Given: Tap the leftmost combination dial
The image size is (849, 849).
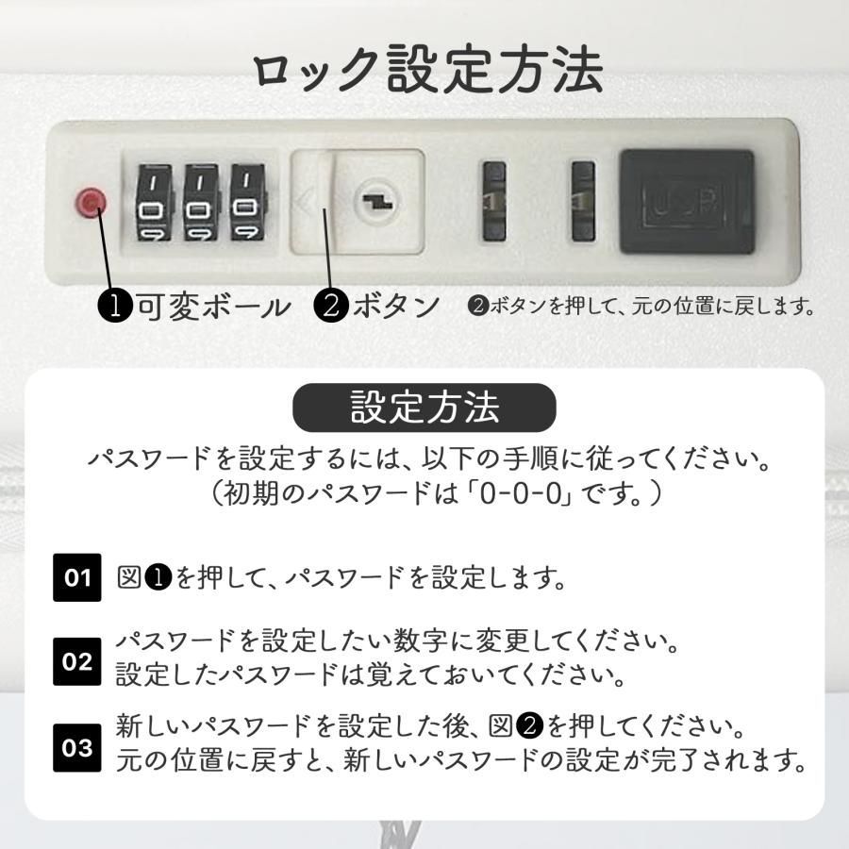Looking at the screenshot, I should pos(152,202).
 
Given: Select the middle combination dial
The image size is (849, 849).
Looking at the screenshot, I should pos(200,202).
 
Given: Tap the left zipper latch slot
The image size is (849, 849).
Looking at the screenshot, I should pos(493,200).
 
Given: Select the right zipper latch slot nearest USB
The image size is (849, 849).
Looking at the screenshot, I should pos(583,200).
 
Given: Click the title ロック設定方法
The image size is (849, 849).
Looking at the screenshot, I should pos(427,71).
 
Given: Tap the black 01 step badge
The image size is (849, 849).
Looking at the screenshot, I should pos(77,576).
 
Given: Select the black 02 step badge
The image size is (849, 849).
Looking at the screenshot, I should pos(77,660).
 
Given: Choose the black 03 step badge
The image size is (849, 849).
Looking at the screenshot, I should pos(77,747).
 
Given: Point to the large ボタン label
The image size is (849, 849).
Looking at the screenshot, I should pos(397,307).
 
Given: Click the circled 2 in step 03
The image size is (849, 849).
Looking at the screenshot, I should pos(530,727).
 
